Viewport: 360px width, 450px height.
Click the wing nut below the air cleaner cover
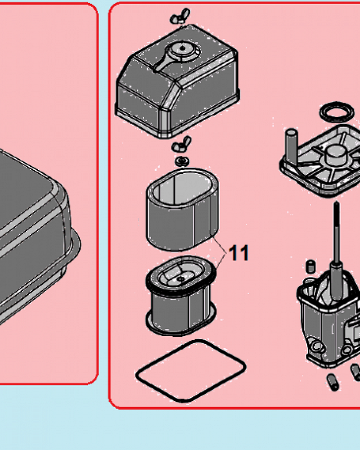tap(181, 144)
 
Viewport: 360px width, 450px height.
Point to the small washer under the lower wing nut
tap(182, 161)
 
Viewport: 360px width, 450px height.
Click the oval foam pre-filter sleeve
tap(182, 210)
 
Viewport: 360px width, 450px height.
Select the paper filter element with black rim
tap(181, 296)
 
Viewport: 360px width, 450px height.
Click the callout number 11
tap(239, 253)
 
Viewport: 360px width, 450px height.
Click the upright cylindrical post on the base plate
tap(292, 144)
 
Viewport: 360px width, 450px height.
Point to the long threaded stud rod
tap(337, 250)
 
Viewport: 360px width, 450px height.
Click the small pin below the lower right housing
tap(333, 382)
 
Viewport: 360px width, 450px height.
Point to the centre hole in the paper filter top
tap(181, 279)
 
